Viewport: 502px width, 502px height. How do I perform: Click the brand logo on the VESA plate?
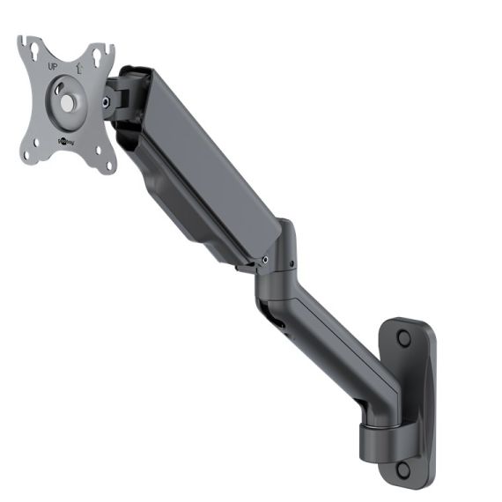(x=66, y=139)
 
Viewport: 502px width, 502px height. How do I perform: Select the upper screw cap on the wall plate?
(x=403, y=338)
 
